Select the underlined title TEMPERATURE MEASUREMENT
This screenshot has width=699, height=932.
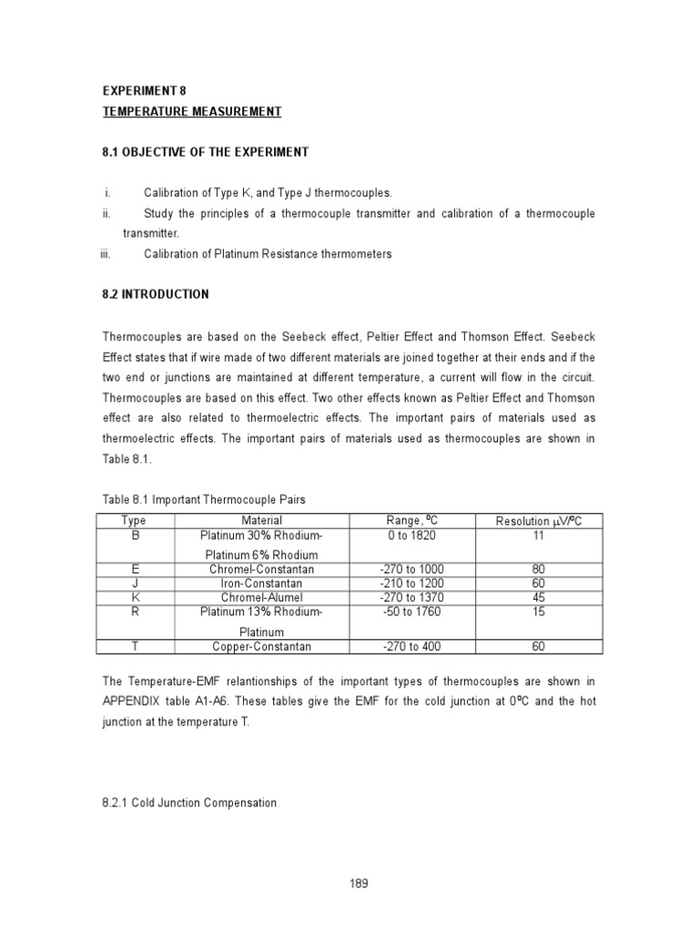[x=191, y=112]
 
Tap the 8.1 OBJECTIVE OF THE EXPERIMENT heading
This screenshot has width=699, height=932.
[x=205, y=152]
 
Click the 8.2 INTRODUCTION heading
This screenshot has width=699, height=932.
[x=155, y=294]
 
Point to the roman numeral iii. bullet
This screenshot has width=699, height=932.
[x=105, y=254]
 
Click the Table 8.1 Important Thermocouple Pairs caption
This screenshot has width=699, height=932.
[x=204, y=500]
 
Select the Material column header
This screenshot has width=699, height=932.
[x=261, y=521]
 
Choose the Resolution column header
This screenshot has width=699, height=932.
[x=538, y=521]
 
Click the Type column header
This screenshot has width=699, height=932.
[x=134, y=521]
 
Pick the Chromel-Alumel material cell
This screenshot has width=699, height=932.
[x=261, y=597]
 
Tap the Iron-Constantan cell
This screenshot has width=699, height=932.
[x=261, y=583]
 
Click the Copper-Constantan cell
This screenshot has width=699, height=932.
[x=261, y=646]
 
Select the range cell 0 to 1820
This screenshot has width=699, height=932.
[x=412, y=536]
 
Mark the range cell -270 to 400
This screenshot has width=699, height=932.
[x=412, y=646]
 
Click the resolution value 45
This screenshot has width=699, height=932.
[x=538, y=597]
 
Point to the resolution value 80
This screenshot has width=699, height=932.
[x=538, y=570]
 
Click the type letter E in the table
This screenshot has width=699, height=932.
[x=134, y=570]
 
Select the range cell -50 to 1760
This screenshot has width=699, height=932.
[x=412, y=612]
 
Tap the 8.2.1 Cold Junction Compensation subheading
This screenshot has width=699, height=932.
[x=188, y=804]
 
